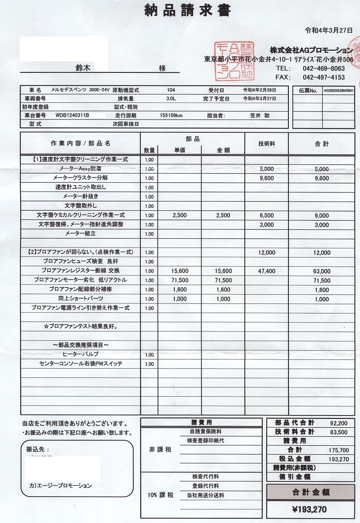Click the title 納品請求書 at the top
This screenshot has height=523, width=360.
(x=187, y=10)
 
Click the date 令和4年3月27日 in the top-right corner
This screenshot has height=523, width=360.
(x=329, y=30)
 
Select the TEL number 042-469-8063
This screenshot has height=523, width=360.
(x=324, y=68)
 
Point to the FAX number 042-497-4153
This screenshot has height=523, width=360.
(x=324, y=77)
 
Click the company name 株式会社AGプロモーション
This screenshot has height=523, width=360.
(x=311, y=51)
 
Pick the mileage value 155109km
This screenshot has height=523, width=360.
(x=171, y=116)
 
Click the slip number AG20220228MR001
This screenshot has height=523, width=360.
(x=338, y=91)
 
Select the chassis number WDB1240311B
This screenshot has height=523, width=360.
(x=72, y=116)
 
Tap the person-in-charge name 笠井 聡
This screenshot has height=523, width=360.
(x=260, y=116)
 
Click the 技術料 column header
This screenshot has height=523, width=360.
(x=266, y=144)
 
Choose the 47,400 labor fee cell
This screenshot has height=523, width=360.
(x=267, y=271)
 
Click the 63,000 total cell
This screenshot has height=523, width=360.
(x=322, y=271)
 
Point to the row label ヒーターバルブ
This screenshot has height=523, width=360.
(x=80, y=354)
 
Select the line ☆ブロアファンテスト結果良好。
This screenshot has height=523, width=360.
(x=80, y=326)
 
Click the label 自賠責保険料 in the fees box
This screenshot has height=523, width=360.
(x=206, y=432)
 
